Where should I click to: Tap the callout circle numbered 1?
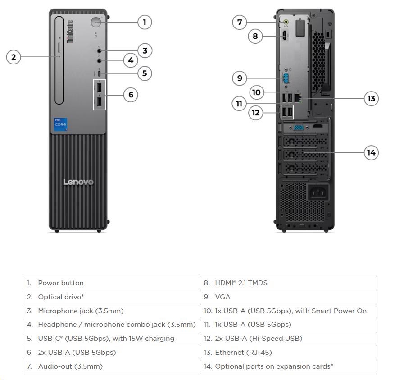click(x=145, y=22)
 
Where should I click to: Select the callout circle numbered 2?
click(x=14, y=57)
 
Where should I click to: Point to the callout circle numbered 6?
click(x=131, y=95)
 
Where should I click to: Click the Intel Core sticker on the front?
click(x=61, y=125)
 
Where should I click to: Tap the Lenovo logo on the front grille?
click(x=78, y=182)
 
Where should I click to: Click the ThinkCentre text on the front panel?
click(x=70, y=32)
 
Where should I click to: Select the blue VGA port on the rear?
click(x=286, y=78)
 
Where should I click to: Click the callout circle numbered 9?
click(x=240, y=78)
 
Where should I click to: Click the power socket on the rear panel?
click(x=317, y=193)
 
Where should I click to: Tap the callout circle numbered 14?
click(x=371, y=152)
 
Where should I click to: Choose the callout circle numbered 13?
click(x=371, y=98)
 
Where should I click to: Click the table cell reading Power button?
click(x=111, y=283)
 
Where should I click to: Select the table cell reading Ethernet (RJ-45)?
click(x=288, y=353)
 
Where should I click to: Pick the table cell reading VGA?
click(x=288, y=297)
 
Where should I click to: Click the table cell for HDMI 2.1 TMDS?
click(x=288, y=283)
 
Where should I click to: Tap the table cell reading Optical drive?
click(x=111, y=297)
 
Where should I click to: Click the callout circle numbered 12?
click(x=256, y=112)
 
